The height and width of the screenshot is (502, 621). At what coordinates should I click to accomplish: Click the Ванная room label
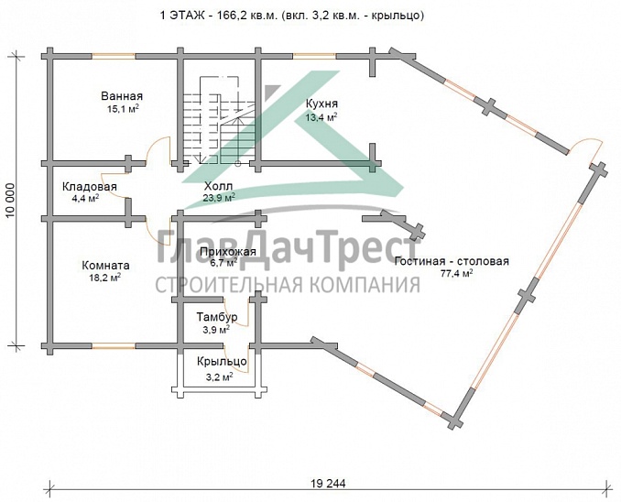123,96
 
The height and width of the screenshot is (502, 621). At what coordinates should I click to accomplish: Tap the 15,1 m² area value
123,109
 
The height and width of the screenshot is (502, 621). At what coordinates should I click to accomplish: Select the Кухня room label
321,104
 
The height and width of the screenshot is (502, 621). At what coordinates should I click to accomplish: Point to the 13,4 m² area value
321,117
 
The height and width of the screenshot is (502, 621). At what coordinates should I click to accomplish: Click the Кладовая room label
89,187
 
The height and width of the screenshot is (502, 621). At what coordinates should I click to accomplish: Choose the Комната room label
104,263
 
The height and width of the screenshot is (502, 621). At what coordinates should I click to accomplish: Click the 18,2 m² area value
104,276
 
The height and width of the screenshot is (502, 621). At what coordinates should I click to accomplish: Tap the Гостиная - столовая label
452,261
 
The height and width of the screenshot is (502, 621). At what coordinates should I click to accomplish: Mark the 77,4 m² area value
454,273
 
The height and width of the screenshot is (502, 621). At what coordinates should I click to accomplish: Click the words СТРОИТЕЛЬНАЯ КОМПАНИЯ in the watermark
288,286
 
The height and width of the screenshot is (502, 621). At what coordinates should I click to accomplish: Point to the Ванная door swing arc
161,147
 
